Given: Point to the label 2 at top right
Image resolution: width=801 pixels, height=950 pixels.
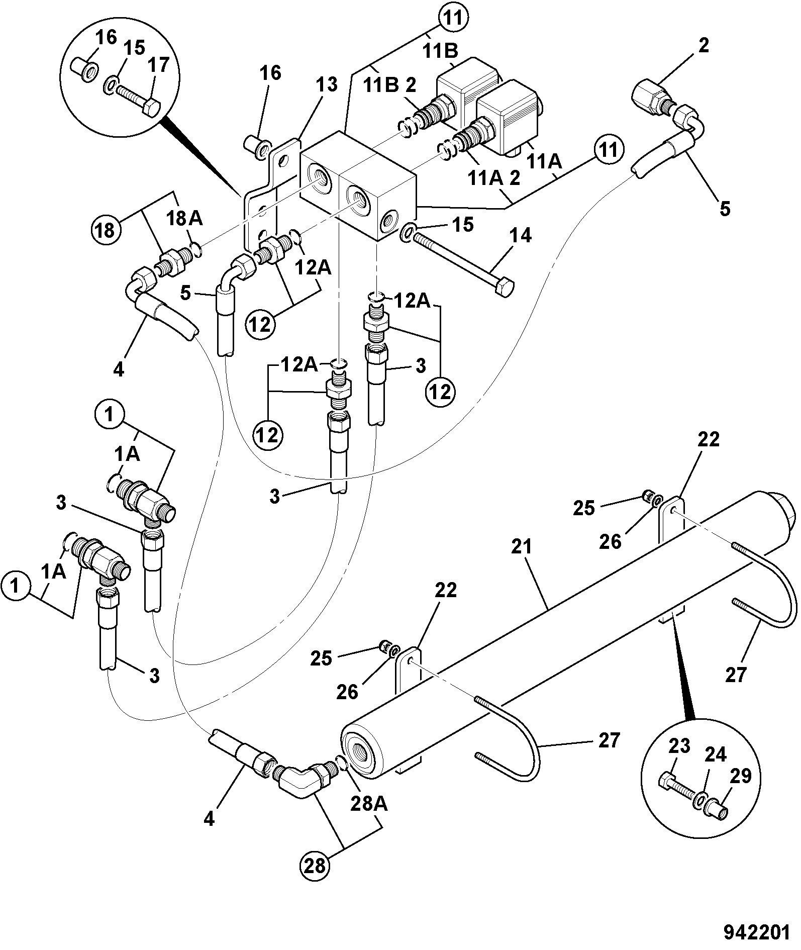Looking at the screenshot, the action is [x=704, y=46].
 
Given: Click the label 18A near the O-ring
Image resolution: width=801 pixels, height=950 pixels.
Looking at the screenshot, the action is [x=184, y=218].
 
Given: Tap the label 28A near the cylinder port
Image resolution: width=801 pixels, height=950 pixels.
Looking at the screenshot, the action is [x=369, y=804].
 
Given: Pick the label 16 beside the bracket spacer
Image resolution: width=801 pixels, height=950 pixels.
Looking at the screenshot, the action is [x=270, y=73].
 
